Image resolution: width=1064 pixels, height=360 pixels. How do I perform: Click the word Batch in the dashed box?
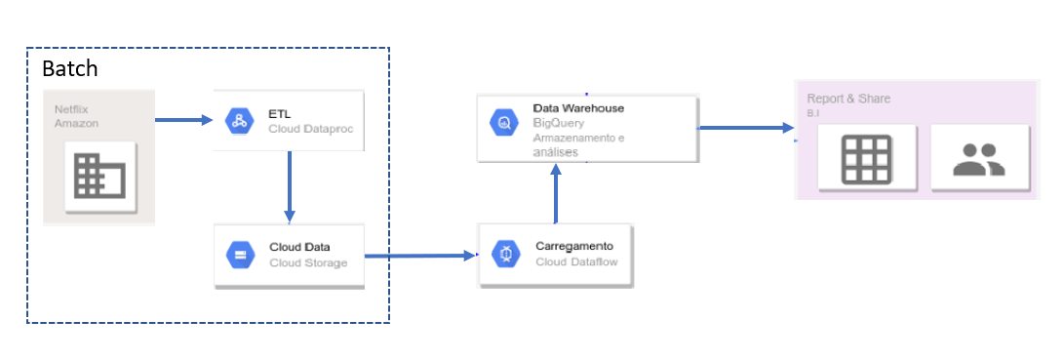[x=70, y=70]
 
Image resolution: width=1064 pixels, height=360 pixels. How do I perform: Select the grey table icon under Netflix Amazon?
[x=100, y=177]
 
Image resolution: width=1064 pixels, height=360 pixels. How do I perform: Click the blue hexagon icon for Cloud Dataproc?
[x=239, y=121]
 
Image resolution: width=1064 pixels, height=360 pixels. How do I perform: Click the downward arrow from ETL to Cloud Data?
[x=289, y=185]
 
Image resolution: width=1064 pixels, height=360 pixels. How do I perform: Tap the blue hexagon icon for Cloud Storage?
[x=239, y=255]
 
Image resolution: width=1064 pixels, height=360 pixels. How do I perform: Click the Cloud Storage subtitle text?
[x=308, y=262]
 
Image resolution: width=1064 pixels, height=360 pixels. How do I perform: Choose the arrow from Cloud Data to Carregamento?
[x=419, y=257]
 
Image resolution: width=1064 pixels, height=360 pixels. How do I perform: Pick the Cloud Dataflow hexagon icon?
[x=505, y=254]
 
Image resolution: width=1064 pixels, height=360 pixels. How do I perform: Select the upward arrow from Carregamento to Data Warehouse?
[x=556, y=194]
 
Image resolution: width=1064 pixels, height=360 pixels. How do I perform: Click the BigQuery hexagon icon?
[x=505, y=123]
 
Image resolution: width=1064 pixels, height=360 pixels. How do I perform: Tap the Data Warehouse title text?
[x=578, y=107]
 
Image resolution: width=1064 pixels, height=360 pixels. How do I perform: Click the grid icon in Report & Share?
[x=866, y=157]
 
